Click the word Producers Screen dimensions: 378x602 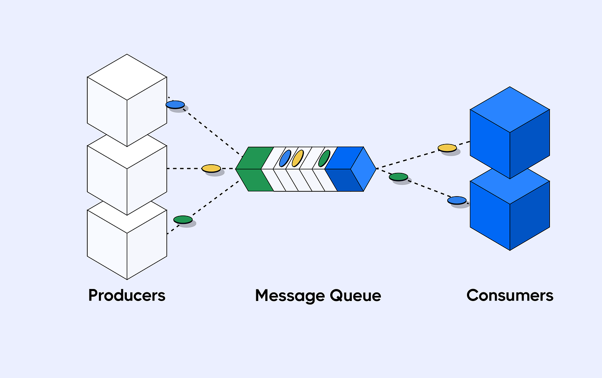pos(127,295)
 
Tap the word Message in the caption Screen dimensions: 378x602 pos(290,296)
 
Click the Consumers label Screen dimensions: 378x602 pos(510,295)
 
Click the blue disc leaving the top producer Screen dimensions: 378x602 pos(175,104)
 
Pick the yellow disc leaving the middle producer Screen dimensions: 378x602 pos(211,168)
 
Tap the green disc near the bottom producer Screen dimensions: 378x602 pos(183,220)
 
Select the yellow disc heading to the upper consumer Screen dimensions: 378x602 pos(447,148)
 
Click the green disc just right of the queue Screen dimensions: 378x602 pos(398,177)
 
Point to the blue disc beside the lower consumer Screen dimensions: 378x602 pos(457,200)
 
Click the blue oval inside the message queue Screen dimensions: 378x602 pos(285,158)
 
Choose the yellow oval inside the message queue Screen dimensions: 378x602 pos(298,158)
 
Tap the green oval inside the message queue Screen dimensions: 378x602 pos(324,158)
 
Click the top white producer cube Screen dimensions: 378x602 pos(127,100)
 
